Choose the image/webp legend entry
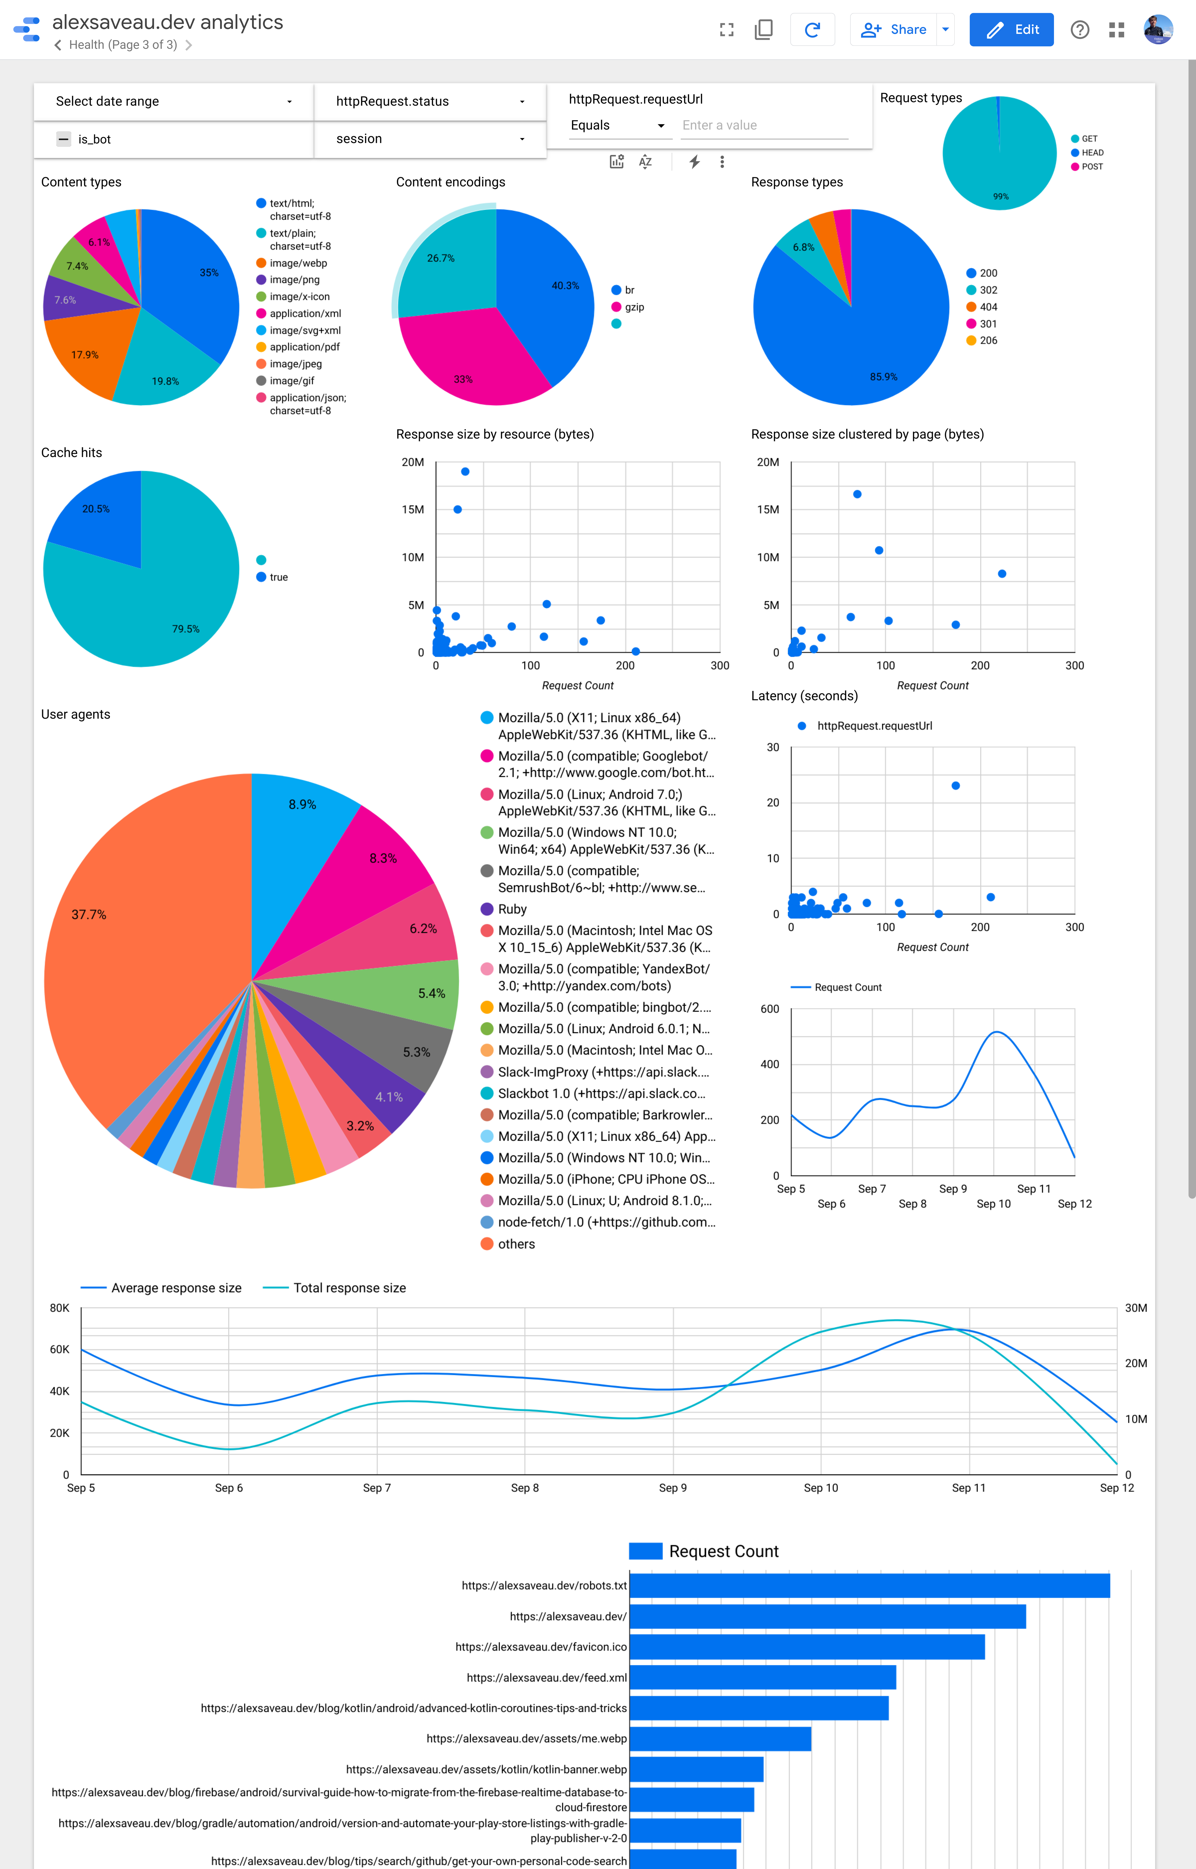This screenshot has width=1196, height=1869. [298, 263]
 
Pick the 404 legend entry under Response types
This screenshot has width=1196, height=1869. [988, 307]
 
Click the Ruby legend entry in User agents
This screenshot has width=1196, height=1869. [512, 909]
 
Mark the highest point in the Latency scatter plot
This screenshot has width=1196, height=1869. [955, 786]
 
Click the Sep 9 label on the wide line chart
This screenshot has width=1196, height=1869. [673, 1488]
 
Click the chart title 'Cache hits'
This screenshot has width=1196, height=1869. [71, 453]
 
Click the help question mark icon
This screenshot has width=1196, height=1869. [1080, 29]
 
